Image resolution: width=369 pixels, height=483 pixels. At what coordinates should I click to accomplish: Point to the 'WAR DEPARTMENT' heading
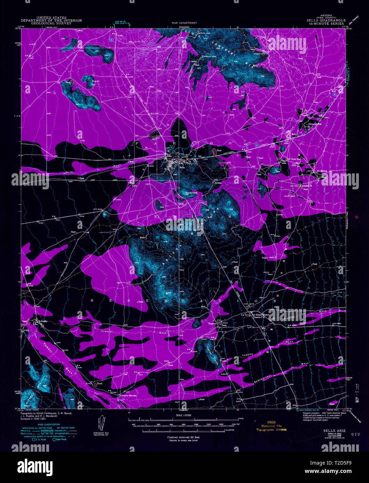(x=184, y=23)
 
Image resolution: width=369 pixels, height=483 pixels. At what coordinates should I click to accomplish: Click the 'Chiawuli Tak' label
(x=314, y=123)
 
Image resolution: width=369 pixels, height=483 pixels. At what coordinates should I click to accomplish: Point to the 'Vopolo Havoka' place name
(x=128, y=395)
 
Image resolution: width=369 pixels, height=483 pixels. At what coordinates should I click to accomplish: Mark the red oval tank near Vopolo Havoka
(x=95, y=385)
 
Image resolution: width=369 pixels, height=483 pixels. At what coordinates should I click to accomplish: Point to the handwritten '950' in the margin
(x=355, y=434)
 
